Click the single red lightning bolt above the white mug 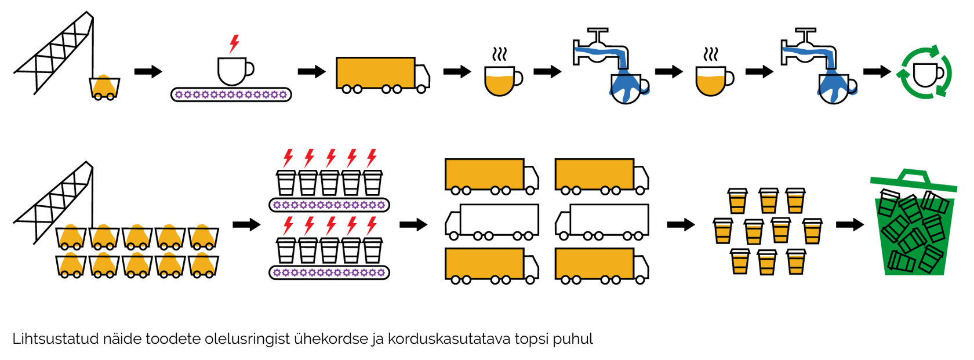234,43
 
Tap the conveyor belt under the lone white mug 231,94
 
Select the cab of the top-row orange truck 422,78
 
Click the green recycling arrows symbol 925,72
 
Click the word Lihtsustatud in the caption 56,339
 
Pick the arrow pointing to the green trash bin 850,225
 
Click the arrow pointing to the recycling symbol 877,71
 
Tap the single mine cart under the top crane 104,88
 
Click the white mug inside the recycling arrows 928,75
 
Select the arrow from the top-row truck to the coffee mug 457,71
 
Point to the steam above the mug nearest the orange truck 500,54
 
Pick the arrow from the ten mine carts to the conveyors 246,225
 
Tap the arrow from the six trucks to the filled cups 681,225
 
